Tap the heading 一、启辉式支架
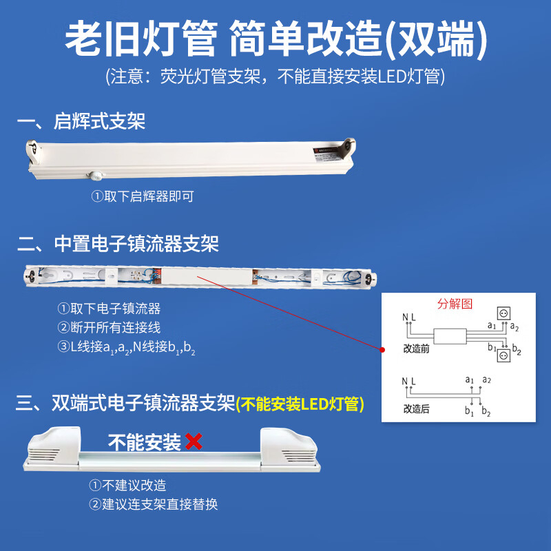click(x=81, y=121)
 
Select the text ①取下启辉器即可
click(x=143, y=196)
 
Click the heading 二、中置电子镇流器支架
click(x=118, y=244)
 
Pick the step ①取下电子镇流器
click(x=109, y=309)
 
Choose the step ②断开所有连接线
click(x=109, y=328)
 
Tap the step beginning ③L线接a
click(x=126, y=347)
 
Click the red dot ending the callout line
click(x=382, y=350)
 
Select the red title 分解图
click(x=455, y=303)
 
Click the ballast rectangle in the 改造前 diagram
click(x=450, y=336)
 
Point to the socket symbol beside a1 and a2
click(x=503, y=313)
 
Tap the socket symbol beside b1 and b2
click(x=503, y=355)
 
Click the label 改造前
click(x=417, y=349)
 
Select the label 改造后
click(x=417, y=408)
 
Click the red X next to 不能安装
click(x=194, y=441)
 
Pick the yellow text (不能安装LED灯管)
click(x=300, y=404)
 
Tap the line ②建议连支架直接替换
click(x=153, y=504)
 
